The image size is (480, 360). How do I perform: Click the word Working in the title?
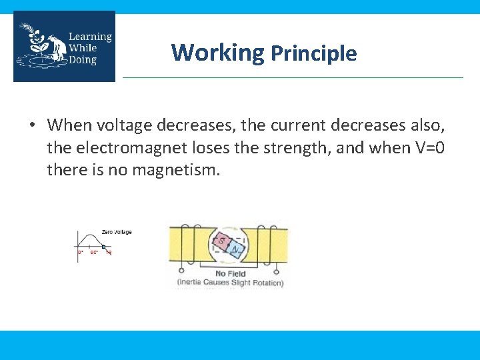217,52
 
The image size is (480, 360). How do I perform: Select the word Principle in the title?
313,53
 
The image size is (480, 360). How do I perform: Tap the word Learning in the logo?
90,37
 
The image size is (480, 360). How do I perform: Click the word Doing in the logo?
83,59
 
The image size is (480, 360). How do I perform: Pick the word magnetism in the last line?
175,170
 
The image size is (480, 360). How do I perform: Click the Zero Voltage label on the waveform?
117,232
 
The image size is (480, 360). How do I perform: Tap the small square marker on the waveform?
104,247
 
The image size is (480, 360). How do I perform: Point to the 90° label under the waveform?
94,253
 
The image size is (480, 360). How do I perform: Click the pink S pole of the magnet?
221,241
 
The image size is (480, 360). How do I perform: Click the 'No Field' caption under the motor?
230,273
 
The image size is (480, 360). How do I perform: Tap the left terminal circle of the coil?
181,271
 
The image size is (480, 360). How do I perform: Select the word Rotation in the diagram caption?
265,283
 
